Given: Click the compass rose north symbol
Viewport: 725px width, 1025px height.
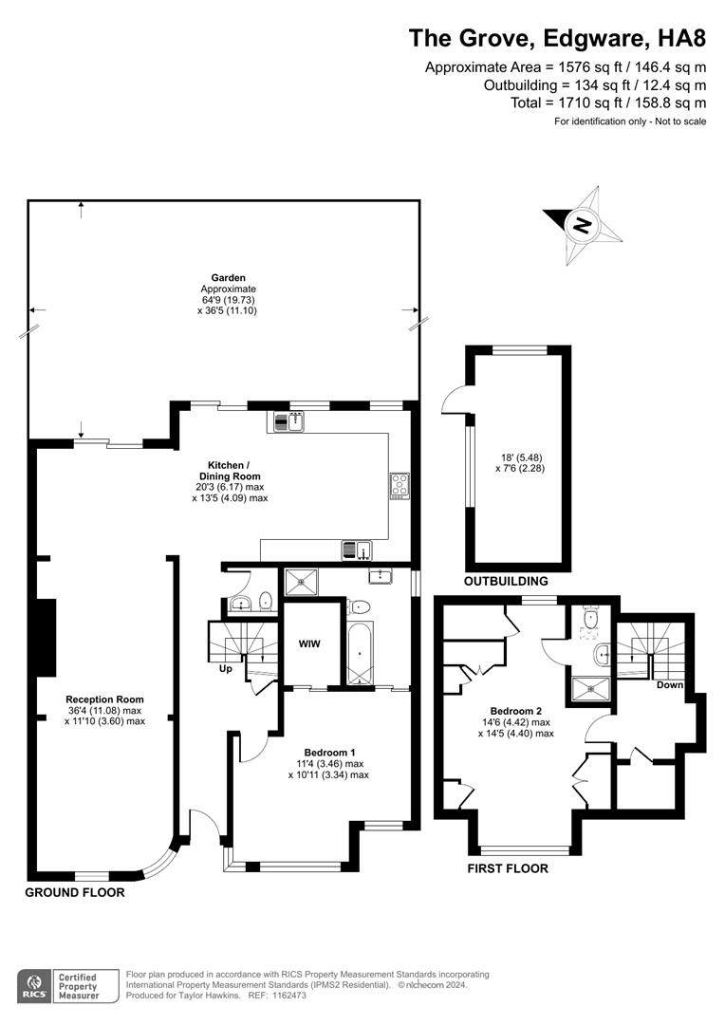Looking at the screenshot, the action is coord(582,226).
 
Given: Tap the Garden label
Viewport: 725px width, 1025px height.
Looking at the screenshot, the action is coord(228,278).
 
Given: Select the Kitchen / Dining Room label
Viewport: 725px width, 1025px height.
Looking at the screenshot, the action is coord(230,471).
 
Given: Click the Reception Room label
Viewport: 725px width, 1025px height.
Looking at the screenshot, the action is coord(104,699).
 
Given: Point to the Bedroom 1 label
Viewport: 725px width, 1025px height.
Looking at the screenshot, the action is coord(329,753).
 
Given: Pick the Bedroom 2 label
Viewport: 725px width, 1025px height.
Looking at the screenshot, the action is coord(516,711).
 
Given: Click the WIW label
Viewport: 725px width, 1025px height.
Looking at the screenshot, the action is coord(309,643).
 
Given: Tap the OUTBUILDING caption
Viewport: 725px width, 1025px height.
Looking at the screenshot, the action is coord(506,581).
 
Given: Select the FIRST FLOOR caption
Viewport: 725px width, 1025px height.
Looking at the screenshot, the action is coord(508,868).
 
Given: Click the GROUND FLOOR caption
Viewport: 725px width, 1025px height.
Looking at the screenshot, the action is coord(75,892).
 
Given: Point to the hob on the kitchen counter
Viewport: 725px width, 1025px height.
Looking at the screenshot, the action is coord(400,485).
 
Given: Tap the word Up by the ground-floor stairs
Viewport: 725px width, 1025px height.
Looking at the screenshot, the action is coord(226,669).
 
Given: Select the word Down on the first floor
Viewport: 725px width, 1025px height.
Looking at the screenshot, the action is coord(669,685).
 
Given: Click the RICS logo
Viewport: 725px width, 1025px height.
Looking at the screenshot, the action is coord(34,986).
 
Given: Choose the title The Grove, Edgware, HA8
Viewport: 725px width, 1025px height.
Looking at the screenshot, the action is coord(558,38).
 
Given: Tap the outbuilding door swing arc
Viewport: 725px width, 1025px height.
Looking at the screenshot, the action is coord(450,397).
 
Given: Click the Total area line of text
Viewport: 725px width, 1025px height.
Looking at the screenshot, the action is coord(608,102).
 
